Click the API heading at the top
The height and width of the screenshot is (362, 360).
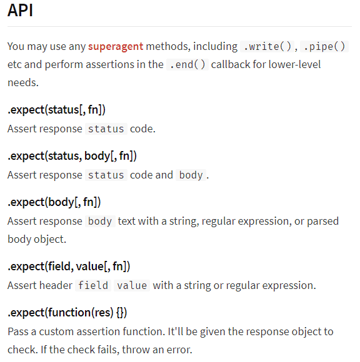pos(20,11)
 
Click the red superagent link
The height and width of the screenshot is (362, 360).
pos(116,46)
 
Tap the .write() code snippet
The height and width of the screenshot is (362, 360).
pos(267,46)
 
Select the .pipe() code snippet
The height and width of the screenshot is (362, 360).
pos(324,46)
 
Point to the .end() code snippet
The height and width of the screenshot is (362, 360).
pos(187,64)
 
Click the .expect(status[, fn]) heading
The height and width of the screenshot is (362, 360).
pos(56,109)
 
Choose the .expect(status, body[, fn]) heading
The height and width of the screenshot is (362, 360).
pos(72,156)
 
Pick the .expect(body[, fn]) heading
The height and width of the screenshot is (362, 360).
pos(54,202)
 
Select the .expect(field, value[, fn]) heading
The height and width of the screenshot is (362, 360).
pos(69,266)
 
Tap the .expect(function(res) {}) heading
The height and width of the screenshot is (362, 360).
pos(67,312)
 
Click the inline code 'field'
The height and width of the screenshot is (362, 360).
pos(93,285)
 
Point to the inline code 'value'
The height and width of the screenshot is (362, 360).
pos(132,285)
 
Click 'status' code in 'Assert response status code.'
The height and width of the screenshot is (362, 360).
pos(106,129)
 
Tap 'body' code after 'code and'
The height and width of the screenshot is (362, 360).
pos(191,175)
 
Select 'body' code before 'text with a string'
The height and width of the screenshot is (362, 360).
pos(100,221)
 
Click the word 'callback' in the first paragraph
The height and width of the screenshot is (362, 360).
pos(231,64)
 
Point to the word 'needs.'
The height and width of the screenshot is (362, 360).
pos(23,82)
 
